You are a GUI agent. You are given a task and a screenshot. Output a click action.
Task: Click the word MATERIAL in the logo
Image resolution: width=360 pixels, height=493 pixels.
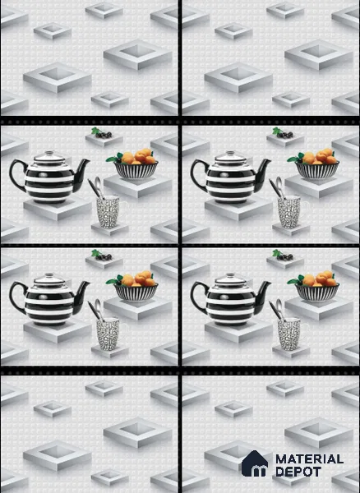click(x=309, y=459)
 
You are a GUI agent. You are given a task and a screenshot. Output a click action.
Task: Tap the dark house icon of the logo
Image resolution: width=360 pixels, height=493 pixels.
click(x=255, y=463)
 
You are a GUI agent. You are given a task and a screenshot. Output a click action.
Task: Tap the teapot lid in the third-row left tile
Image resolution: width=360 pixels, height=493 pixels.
click(x=49, y=279)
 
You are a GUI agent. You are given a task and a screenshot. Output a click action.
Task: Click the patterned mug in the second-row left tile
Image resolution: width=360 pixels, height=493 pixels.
click(x=108, y=211)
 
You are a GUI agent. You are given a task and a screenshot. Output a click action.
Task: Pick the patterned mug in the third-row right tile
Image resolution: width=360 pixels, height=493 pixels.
click(x=289, y=334)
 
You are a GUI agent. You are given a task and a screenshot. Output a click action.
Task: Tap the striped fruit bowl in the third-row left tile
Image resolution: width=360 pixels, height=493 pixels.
click(x=136, y=293)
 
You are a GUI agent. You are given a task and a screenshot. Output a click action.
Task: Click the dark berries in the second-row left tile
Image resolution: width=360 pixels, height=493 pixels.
click(x=104, y=135)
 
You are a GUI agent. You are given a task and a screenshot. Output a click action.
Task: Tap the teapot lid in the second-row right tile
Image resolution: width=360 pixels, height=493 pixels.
click(x=230, y=157)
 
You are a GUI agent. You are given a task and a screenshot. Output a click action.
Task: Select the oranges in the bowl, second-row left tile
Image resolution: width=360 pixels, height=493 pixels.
click(x=138, y=157)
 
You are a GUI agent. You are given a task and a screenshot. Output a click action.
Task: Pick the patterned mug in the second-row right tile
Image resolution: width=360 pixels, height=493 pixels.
click(x=289, y=211)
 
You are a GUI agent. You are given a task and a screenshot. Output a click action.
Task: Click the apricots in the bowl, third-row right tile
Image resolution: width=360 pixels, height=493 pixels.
click(x=320, y=279)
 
